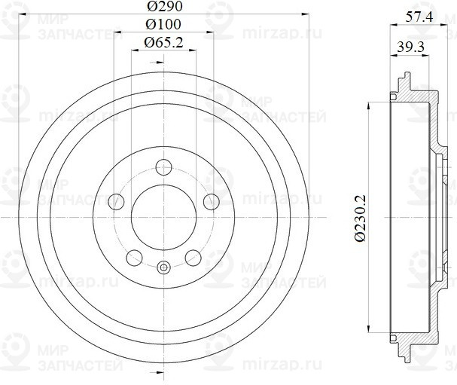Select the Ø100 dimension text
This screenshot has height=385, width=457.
163,25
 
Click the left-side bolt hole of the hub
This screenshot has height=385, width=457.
117,201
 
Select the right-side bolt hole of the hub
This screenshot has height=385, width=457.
211,201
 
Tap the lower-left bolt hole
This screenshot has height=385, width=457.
135,257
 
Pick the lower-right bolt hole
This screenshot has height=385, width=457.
193,257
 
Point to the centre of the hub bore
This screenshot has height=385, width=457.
163,217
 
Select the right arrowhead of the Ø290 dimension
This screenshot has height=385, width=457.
306,13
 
